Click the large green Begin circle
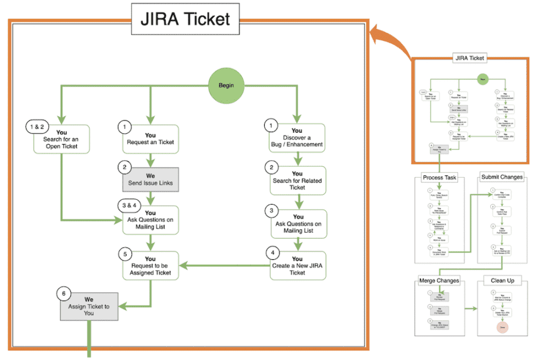pos(226,85)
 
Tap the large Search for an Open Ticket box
pos(61,139)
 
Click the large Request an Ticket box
pos(150,139)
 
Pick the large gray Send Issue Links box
pos(150,179)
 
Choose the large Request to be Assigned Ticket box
pos(150,265)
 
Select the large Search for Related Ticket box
pos(297,181)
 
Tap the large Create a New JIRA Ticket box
pos(297,265)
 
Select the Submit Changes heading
pos(502,177)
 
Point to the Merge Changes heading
pos(440,280)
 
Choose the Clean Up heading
pos(502,280)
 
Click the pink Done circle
pos(501,328)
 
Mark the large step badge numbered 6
pos(65,294)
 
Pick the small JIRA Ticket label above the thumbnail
pos(469,58)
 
